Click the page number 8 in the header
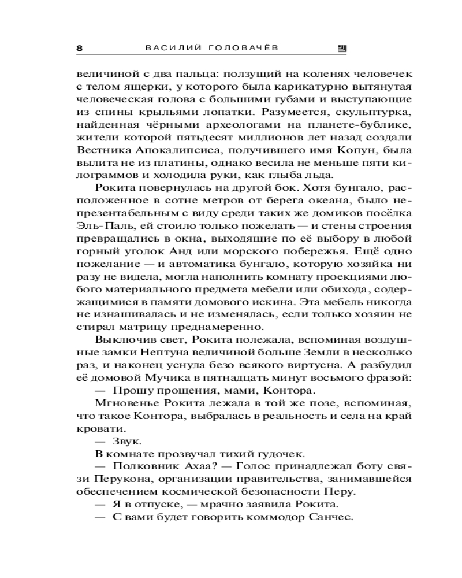[x=80, y=49]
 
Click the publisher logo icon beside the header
[x=341, y=49]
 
